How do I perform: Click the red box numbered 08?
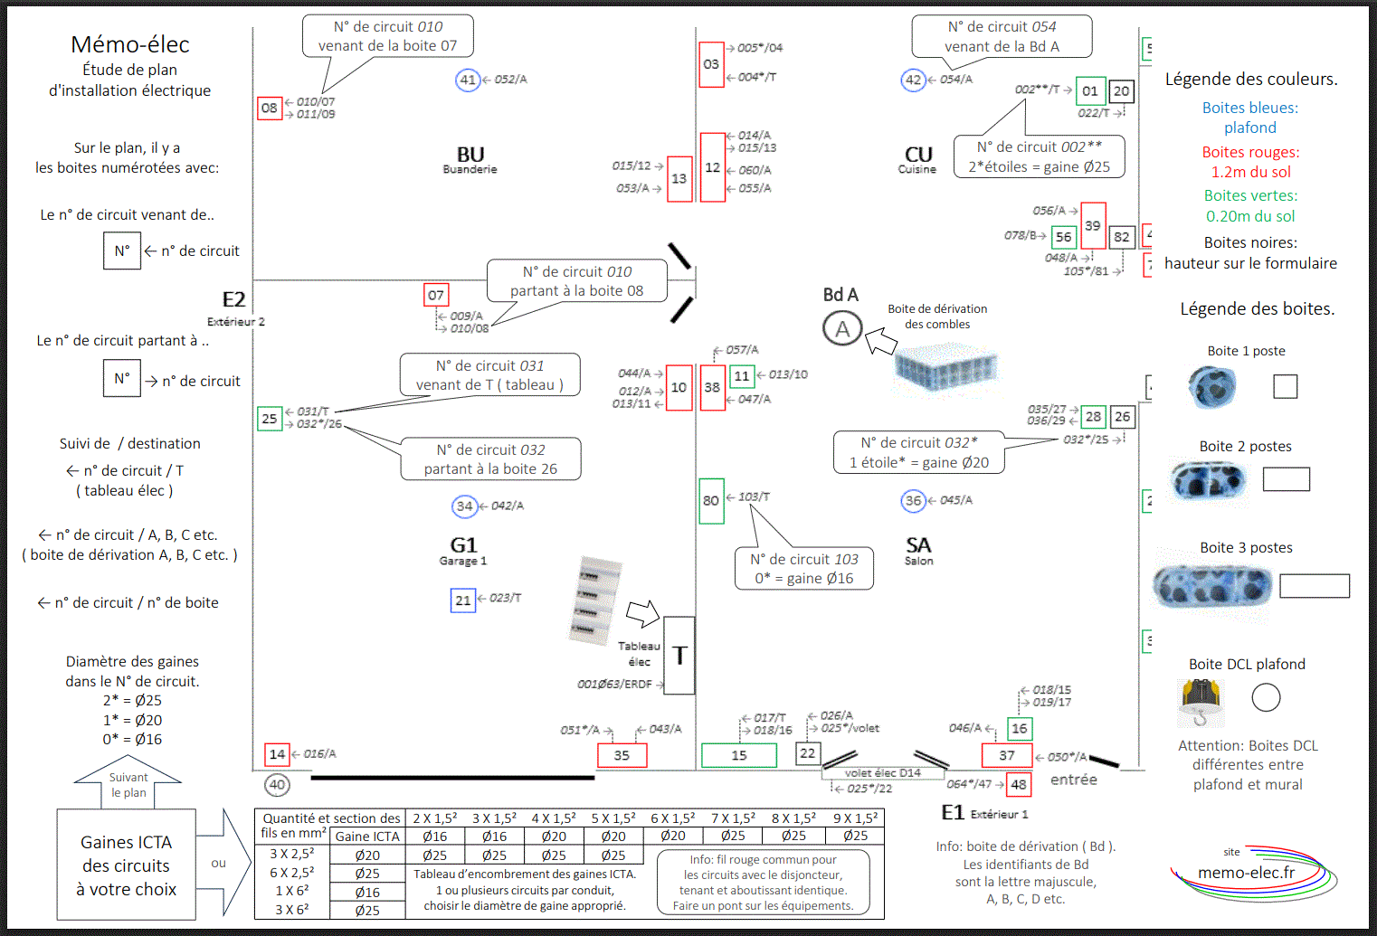click(270, 109)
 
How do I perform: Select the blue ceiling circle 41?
click(468, 80)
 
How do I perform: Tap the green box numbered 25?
click(270, 419)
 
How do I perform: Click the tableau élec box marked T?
click(679, 655)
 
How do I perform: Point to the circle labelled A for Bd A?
click(842, 329)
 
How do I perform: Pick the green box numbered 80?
click(711, 501)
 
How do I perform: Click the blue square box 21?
click(463, 600)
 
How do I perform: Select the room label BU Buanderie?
click(470, 159)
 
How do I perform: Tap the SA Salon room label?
click(918, 550)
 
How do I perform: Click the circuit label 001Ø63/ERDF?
click(614, 684)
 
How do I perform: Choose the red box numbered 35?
click(622, 755)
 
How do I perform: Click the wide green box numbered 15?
click(739, 755)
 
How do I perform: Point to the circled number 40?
click(277, 785)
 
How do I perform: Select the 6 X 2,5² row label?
click(292, 874)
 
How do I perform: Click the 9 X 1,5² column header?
click(855, 818)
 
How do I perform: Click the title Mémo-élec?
click(129, 44)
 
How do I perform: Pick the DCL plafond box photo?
click(1201, 702)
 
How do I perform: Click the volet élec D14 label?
click(883, 772)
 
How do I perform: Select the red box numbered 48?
click(1019, 784)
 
